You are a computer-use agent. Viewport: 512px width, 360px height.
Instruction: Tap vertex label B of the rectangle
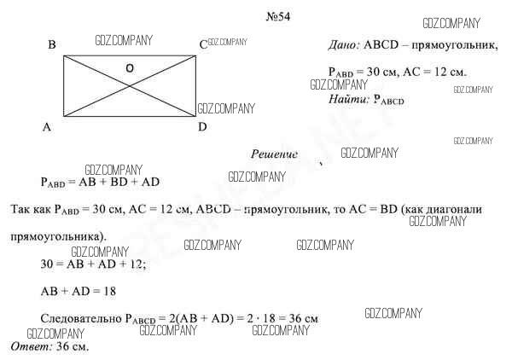click(x=52, y=45)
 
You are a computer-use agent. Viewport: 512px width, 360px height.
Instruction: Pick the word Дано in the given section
click(x=344, y=44)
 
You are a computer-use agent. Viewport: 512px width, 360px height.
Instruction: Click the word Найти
click(x=348, y=100)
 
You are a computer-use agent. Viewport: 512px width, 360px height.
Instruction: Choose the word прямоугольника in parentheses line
click(x=58, y=235)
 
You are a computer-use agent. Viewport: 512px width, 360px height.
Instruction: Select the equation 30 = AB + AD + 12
click(x=93, y=264)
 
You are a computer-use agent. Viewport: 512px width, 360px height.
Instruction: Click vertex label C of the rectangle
click(x=203, y=45)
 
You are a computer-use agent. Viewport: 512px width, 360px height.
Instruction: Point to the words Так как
click(x=31, y=209)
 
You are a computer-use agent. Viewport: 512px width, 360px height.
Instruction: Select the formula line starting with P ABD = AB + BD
click(x=100, y=182)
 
